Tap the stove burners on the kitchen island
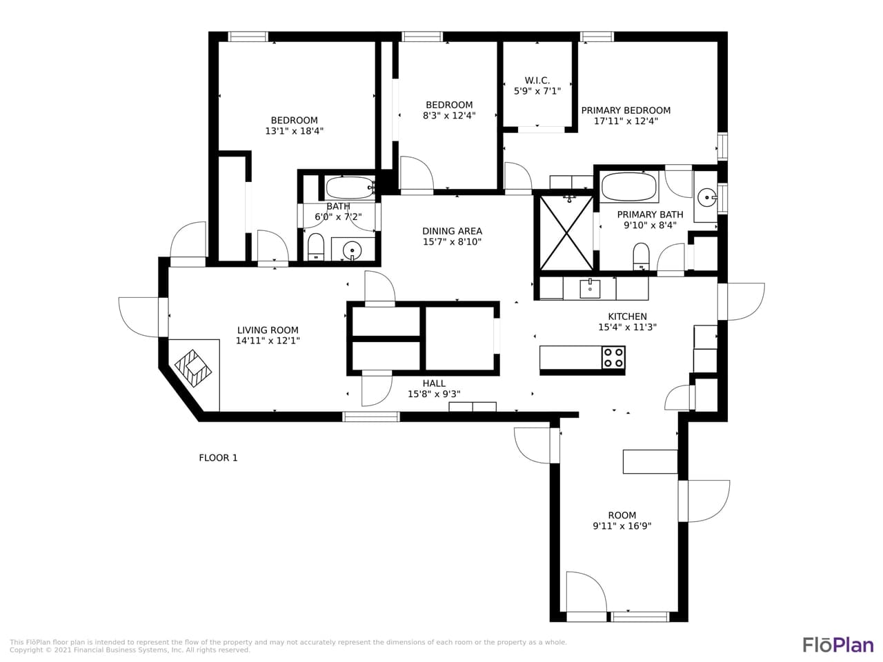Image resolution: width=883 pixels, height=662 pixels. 613,357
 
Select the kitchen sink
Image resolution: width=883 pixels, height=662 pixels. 590,288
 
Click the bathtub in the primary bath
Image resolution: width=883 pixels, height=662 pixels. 628,186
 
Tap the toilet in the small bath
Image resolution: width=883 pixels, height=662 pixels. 316,247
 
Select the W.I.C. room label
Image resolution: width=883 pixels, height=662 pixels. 537,81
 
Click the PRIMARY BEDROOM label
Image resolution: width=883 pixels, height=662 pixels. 626,110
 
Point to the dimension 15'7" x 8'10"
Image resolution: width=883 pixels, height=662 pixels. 452,242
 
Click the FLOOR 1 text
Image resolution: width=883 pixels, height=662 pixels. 218,458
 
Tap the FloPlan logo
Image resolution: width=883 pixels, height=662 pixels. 837,645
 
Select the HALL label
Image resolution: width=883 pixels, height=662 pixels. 434,383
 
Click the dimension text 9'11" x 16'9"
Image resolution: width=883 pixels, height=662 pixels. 622,526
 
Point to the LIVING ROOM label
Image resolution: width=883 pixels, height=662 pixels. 268,330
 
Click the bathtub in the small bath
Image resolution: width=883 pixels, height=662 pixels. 349,188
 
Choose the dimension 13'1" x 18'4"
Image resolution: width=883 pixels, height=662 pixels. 294,131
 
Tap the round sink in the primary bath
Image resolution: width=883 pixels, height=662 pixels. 706,199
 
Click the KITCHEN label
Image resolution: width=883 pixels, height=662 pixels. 627,317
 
